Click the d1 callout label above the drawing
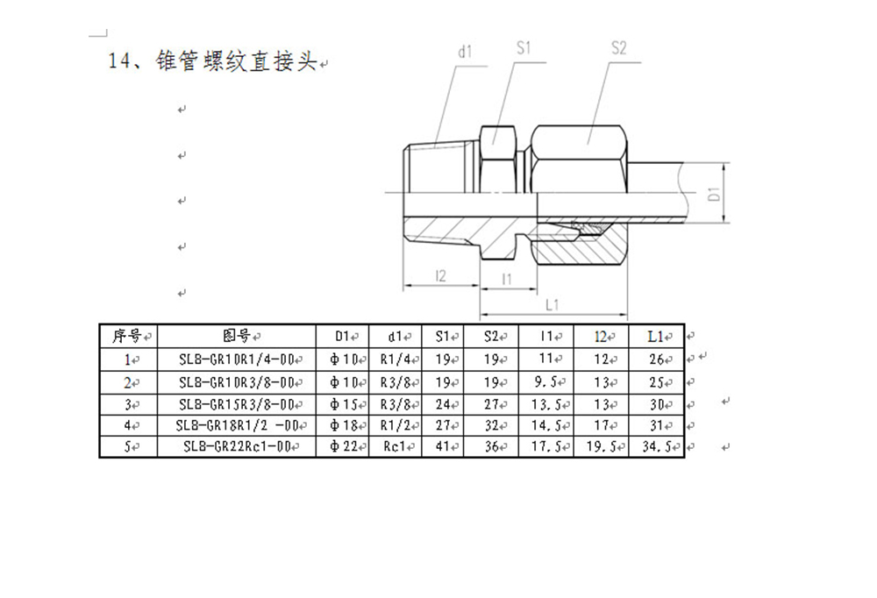pos(466,52)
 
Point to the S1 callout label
pos(524,48)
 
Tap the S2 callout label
pos(618,48)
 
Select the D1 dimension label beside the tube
pos(714,194)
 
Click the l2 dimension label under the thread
pos(441,276)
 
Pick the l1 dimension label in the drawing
pos(507,279)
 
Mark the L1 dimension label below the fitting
pos(552,305)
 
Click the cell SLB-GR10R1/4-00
pos(237,360)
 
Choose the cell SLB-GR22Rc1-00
pos(237,446)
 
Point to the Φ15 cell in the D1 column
pos(343,404)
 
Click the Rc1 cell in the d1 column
pos(395,446)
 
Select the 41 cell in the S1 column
pos(443,446)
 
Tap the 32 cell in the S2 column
pos(492,426)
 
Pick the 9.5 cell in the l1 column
pos(545,382)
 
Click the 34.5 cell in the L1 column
pos(657,446)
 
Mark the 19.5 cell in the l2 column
pos(602,446)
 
